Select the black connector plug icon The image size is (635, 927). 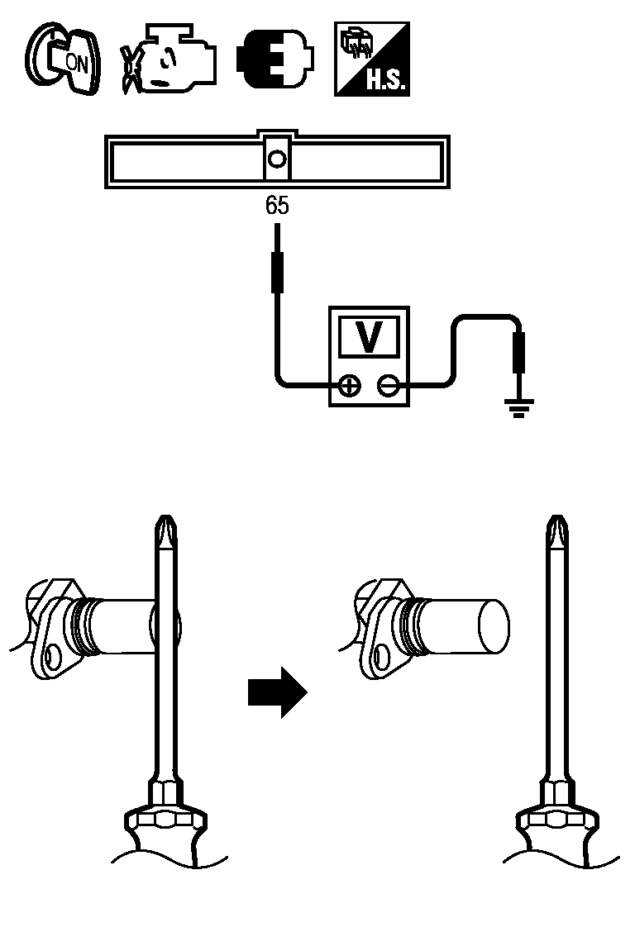tap(275, 59)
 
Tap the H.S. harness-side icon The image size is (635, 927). tap(371, 59)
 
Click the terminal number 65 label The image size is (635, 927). tap(277, 206)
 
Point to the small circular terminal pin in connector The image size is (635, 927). tap(278, 158)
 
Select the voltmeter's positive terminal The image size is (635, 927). tap(350, 385)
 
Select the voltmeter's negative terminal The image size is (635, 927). tap(388, 385)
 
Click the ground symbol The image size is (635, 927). tap(519, 406)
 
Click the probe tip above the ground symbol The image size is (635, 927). tap(519, 351)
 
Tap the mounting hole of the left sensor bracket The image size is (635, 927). tap(55, 658)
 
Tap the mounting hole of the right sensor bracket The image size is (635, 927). tap(381, 658)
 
